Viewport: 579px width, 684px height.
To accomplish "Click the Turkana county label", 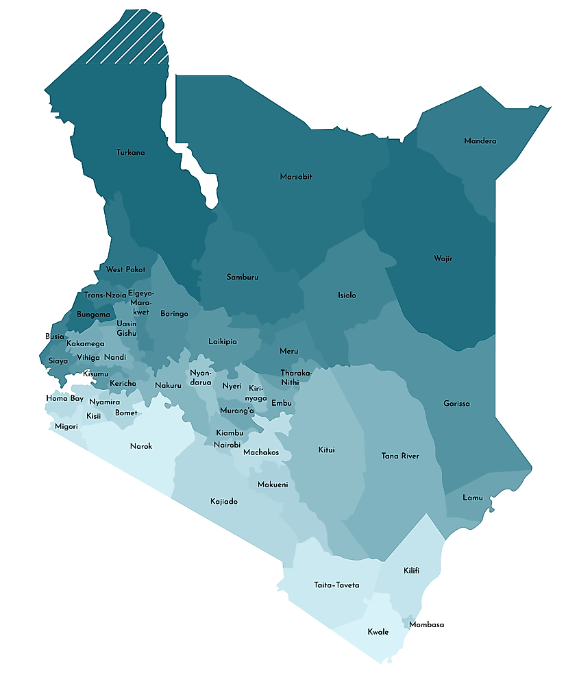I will (x=130, y=152).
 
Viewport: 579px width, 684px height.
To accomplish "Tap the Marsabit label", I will (x=296, y=177).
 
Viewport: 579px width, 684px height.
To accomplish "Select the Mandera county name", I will (x=480, y=141).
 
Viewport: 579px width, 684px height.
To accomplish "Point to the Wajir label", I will (x=443, y=258).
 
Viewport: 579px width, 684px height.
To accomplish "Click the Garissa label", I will (x=456, y=404).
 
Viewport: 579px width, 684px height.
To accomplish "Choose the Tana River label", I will (x=400, y=456).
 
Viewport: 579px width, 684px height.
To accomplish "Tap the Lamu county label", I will (x=472, y=498).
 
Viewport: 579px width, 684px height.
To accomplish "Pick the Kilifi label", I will (x=411, y=570).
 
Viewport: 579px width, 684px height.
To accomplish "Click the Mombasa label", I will (x=426, y=624).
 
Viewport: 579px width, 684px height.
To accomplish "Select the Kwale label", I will (x=378, y=632).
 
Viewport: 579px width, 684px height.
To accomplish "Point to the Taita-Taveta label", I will (x=336, y=585).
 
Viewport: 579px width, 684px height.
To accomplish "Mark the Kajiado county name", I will (x=223, y=502).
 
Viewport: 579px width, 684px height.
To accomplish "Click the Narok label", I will (x=141, y=446).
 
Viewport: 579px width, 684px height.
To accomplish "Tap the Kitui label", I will (x=326, y=450).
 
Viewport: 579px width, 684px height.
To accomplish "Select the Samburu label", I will (x=243, y=277).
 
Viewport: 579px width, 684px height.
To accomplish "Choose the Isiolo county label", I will (x=347, y=295).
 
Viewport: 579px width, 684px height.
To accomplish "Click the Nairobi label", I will (x=227, y=445).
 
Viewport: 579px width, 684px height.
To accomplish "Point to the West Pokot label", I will (x=125, y=269).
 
